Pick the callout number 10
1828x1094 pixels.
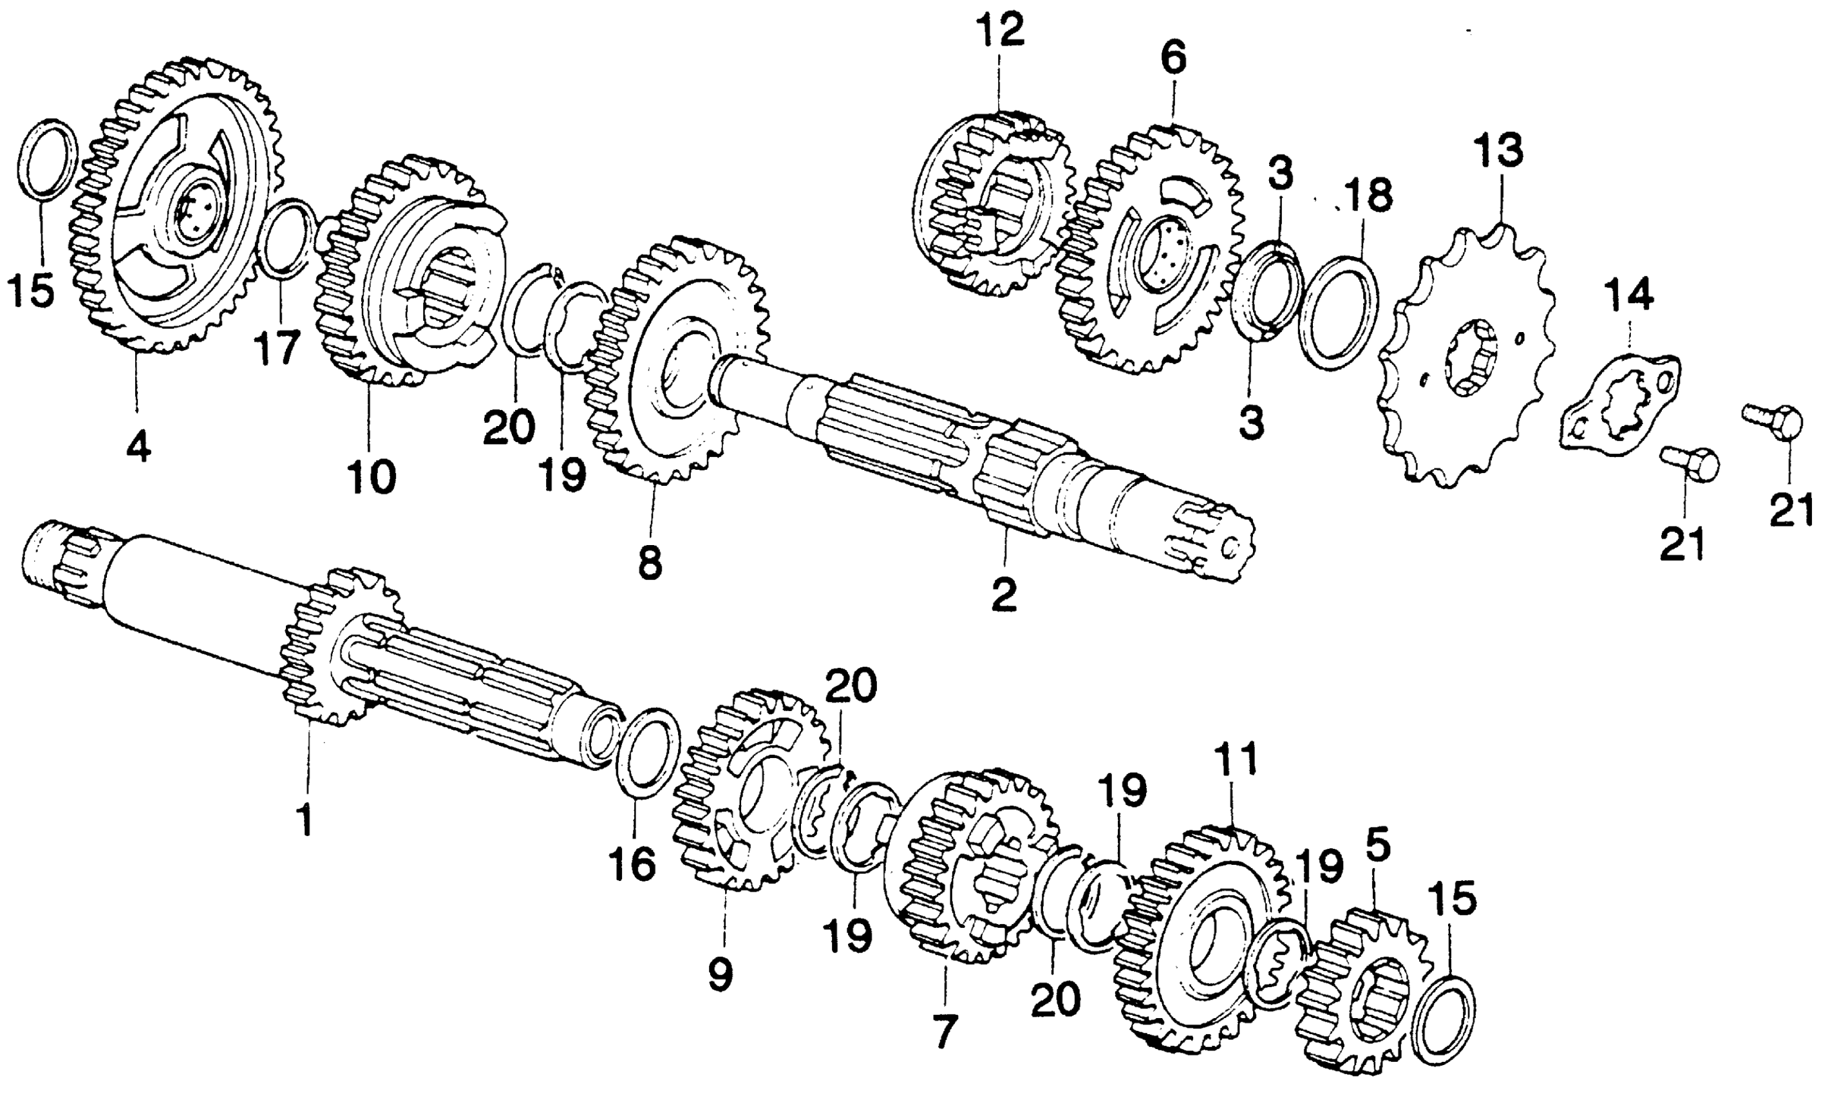(372, 477)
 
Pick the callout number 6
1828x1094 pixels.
(1173, 57)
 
